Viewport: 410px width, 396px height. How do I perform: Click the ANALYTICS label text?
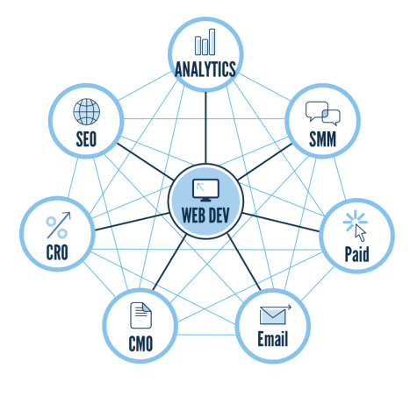(x=205, y=69)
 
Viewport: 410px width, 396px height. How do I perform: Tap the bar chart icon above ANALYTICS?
(x=205, y=42)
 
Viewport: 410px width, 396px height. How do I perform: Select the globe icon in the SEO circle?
(x=87, y=111)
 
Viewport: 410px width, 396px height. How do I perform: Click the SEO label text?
(x=86, y=139)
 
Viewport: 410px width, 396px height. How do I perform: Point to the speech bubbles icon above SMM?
(x=323, y=113)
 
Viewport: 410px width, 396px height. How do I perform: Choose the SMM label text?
(x=322, y=139)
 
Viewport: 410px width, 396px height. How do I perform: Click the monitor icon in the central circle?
(x=205, y=190)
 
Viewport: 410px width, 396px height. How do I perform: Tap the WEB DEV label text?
(x=205, y=216)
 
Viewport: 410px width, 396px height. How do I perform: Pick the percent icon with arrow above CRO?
(x=58, y=225)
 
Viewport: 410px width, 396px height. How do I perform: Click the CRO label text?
(x=57, y=252)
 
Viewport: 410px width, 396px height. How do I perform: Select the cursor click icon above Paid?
(x=355, y=225)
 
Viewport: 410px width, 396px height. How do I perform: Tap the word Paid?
(x=356, y=254)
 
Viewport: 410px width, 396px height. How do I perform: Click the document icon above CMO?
(x=140, y=315)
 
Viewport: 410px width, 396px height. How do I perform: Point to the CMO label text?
(x=140, y=343)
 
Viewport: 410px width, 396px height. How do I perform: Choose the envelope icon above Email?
(x=275, y=315)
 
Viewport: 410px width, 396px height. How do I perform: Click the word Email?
(x=273, y=339)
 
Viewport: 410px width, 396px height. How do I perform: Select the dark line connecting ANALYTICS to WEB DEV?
(x=205, y=128)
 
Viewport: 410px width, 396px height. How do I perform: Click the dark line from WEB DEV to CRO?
(x=132, y=222)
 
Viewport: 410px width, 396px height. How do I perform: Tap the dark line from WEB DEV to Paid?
(x=281, y=223)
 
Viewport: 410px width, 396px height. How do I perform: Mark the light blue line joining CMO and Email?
(x=206, y=335)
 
